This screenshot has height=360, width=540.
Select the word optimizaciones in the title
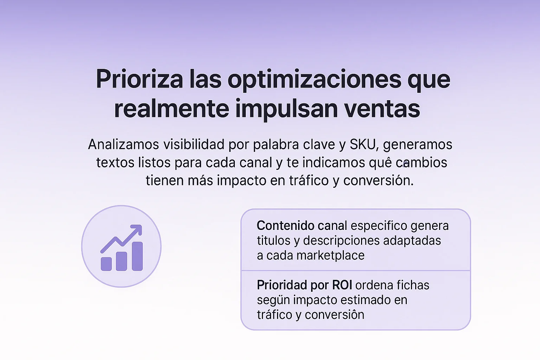(x=314, y=80)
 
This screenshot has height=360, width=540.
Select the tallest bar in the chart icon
(x=137, y=256)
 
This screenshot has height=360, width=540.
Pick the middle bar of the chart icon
(x=122, y=261)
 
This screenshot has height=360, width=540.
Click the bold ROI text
(x=342, y=285)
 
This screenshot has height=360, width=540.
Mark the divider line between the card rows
(x=355, y=270)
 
